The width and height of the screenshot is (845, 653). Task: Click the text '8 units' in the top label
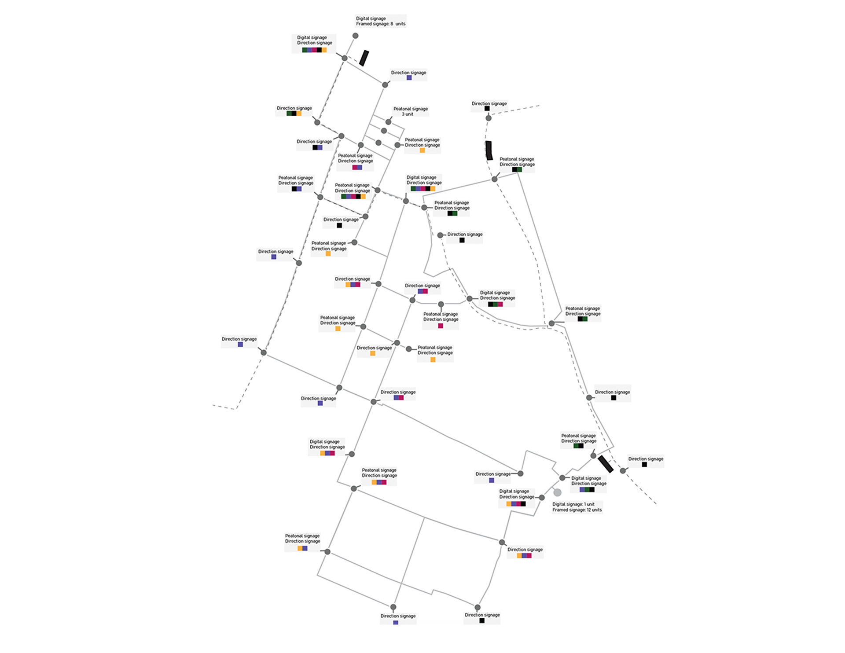coord(398,24)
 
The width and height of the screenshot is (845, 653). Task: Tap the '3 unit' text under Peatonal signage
coord(408,114)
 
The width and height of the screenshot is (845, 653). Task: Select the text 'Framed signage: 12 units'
coord(577,510)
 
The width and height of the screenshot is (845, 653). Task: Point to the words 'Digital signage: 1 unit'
coord(573,504)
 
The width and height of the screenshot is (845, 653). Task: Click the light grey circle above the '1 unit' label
coord(558,492)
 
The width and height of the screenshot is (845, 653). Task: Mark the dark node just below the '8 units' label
coord(356,36)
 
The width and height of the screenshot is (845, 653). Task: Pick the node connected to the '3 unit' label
coord(388,122)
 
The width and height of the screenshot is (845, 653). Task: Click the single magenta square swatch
coord(441,326)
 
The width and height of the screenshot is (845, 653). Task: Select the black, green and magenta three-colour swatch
coord(495,304)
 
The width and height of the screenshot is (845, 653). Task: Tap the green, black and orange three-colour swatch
coord(294,114)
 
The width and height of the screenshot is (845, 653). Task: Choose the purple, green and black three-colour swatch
coord(587,489)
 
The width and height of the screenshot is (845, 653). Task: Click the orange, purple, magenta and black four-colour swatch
coord(516,504)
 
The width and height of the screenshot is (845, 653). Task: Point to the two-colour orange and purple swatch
coord(302,548)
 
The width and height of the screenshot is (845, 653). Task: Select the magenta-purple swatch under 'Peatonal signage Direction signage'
coord(357,168)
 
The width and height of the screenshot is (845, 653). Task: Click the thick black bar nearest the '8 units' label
coord(364,58)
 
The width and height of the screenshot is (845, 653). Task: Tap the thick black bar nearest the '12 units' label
coord(606,464)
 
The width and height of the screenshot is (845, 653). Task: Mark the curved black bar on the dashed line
coord(489,150)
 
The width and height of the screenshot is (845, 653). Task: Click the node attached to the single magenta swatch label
coord(441,304)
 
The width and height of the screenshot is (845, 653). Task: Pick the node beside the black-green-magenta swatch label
coord(470,299)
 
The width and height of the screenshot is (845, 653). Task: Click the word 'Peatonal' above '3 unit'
coord(401,109)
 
